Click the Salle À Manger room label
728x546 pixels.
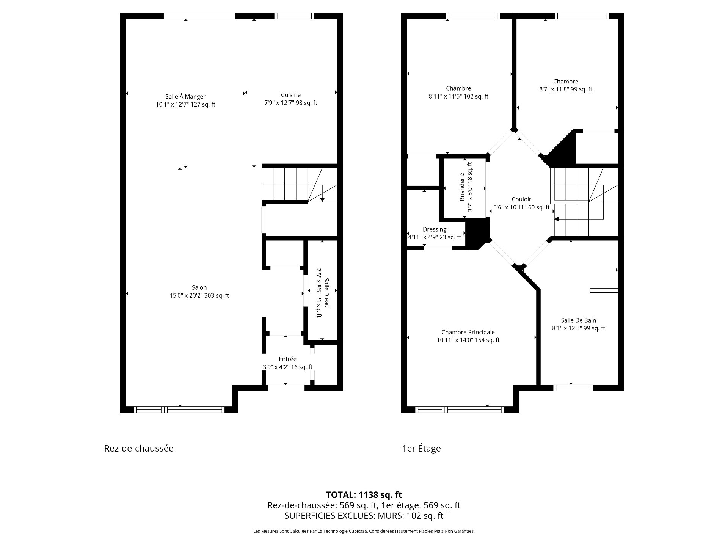pos(185,97)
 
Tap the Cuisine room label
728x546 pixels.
pos(291,95)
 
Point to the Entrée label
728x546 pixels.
pos(287,359)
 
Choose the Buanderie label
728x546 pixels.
pos(462,187)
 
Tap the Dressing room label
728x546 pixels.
pos(435,229)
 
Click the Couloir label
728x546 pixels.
pos(521,199)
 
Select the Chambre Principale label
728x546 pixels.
pos(468,332)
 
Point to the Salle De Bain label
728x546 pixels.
pos(578,320)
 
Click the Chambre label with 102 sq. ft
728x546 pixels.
pos(458,88)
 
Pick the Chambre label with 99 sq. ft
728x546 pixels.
pos(565,81)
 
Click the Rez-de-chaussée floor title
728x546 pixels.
pos(139,448)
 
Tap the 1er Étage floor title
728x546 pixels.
pos(421,448)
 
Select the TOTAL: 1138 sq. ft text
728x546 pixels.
pos(364,495)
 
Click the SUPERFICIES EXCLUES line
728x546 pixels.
pos(364,516)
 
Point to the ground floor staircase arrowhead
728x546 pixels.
pos(322,199)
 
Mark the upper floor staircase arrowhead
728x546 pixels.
pos(557,219)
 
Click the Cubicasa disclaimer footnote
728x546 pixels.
pos(364,531)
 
